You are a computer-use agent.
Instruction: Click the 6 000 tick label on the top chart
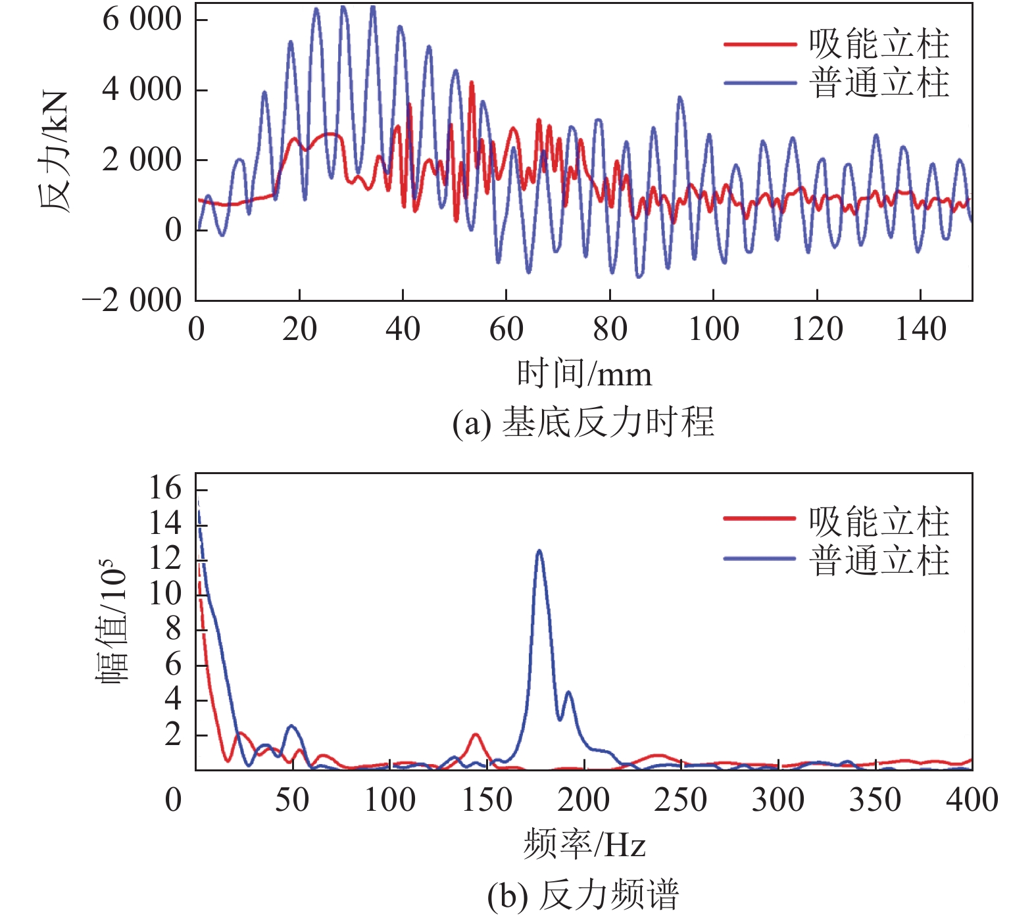tap(141, 20)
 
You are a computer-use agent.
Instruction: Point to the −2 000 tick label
tap(132, 301)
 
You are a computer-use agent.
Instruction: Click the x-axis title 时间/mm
tap(584, 374)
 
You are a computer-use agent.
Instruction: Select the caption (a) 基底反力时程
tap(583, 422)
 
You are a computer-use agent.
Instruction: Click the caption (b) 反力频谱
tap(583, 895)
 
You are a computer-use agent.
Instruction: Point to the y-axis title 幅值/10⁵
tap(112, 621)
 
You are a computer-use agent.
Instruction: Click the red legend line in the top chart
tap(760, 45)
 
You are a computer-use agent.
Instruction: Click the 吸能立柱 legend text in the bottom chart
tap(879, 521)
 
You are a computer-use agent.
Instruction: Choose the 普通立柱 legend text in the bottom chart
tap(879, 561)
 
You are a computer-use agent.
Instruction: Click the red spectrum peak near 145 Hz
tap(475, 735)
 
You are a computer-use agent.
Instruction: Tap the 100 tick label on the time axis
tap(713, 329)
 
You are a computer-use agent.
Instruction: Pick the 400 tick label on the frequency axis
tap(972, 800)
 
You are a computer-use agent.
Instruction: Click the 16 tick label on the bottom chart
tap(165, 489)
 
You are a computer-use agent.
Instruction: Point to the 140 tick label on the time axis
tap(920, 329)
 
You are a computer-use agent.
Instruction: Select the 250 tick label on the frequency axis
tap(680, 800)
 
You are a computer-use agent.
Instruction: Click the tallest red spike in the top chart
tap(472, 83)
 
